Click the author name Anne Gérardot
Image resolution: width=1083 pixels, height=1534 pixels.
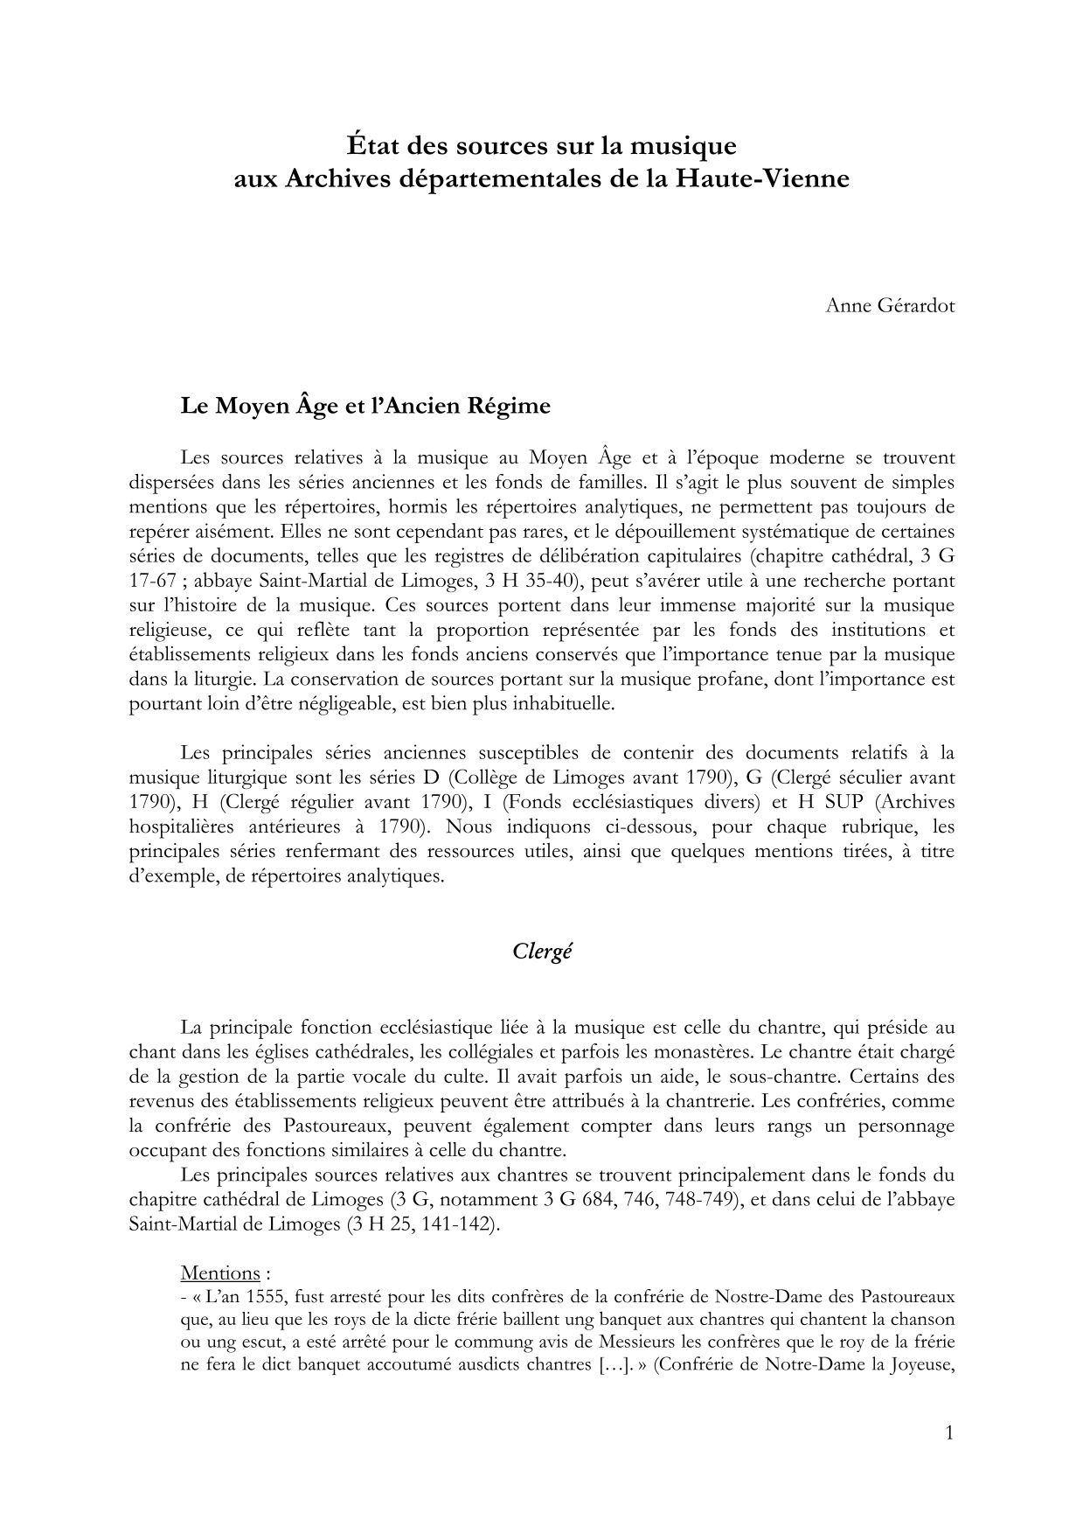pos(890,307)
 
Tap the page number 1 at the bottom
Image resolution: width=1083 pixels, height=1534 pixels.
pos(949,1432)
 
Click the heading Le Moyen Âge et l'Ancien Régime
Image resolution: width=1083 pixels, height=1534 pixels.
pos(365,406)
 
